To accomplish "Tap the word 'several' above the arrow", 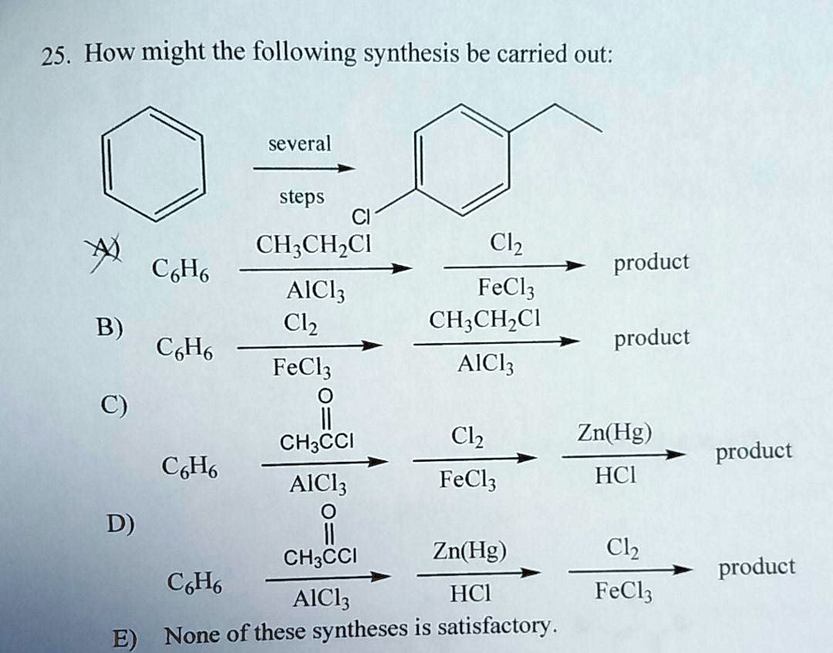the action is tap(299, 144).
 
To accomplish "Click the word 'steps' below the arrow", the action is tap(302, 197).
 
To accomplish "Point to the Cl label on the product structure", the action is tap(360, 216).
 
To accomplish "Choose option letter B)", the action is tap(110, 327).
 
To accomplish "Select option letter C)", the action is tap(114, 406).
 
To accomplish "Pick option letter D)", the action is tap(120, 524).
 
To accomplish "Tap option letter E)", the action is tap(124, 638).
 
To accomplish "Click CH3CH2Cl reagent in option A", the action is tap(313, 246).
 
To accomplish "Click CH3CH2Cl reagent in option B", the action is tap(485, 320).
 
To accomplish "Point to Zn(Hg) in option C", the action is tap(615, 433).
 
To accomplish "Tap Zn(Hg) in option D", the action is tap(469, 551).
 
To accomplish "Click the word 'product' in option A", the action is tap(652, 263).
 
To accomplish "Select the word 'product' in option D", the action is tap(757, 568).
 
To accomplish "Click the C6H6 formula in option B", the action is tap(185, 348).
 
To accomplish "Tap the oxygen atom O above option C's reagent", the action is tap(325, 396).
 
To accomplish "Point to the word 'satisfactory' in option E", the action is tap(495, 627).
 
